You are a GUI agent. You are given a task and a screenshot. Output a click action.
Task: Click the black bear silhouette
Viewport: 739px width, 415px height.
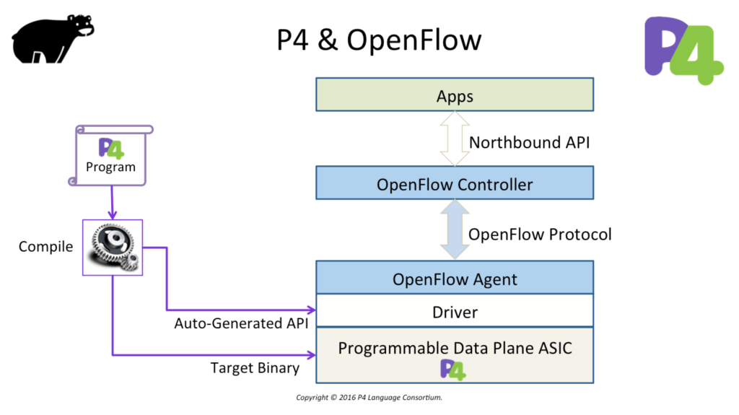(x=50, y=40)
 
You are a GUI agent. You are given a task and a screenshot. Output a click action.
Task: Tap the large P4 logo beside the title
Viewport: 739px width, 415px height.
(x=683, y=51)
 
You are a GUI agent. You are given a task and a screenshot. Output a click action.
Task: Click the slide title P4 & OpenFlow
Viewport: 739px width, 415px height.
(x=379, y=40)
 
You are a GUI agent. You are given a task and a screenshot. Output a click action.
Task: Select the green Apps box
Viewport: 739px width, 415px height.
(x=455, y=95)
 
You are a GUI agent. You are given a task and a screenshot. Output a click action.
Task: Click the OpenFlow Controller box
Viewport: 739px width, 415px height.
(x=455, y=183)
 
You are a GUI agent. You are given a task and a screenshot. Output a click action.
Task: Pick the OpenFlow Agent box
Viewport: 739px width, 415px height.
(x=455, y=278)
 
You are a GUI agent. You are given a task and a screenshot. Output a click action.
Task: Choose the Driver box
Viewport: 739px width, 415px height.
(x=455, y=311)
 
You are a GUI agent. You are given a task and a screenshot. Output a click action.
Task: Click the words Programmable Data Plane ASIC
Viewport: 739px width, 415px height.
(x=455, y=348)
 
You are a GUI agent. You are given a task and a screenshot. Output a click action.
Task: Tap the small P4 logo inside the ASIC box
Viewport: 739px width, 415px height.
(x=453, y=370)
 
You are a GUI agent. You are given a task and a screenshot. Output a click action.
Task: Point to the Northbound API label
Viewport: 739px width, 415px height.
(x=529, y=142)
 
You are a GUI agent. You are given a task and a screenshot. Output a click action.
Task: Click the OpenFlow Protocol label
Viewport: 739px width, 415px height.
(x=540, y=235)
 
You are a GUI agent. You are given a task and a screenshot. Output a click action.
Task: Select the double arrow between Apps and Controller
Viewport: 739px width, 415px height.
(x=455, y=139)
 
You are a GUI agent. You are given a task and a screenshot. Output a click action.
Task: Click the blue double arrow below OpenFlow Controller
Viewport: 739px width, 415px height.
(x=455, y=230)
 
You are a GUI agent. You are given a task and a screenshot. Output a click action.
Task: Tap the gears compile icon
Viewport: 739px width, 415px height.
(x=113, y=248)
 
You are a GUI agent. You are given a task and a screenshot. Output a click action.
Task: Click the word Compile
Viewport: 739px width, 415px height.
(x=45, y=247)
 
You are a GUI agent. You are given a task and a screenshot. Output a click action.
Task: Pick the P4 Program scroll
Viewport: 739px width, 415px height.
(x=110, y=156)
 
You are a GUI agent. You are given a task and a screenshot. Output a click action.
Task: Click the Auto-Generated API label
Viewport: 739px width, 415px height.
(x=241, y=323)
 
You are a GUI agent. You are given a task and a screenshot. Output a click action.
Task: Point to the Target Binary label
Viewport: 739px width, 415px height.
(x=255, y=368)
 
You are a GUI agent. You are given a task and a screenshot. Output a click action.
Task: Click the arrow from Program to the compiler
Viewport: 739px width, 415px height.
(x=112, y=203)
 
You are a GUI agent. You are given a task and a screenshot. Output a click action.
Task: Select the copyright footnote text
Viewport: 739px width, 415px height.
(x=369, y=398)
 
